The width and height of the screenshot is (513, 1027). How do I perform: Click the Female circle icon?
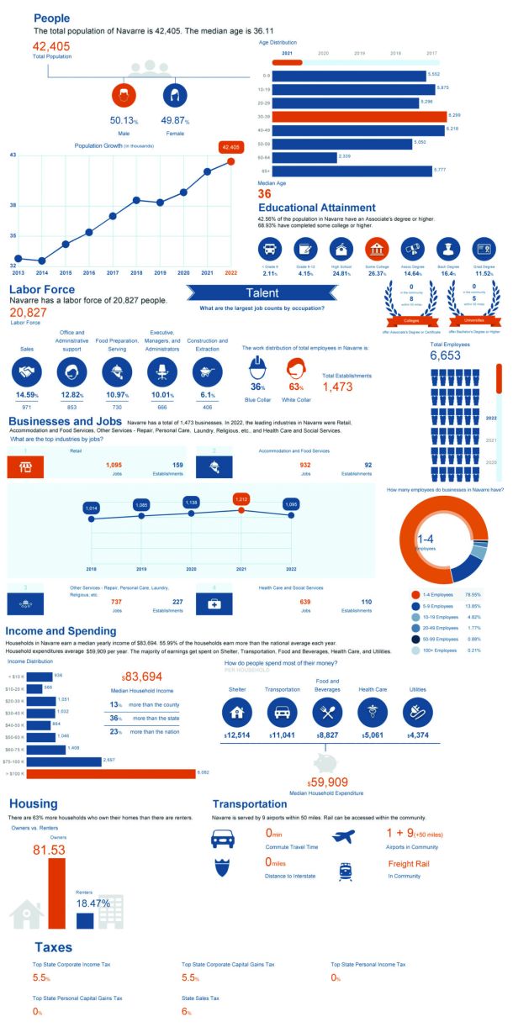[x=175, y=94]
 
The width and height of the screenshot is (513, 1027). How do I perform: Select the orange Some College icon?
[x=377, y=248]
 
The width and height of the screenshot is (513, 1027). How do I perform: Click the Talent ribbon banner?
[x=263, y=293]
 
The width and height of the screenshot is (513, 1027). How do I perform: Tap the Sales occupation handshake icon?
[x=27, y=371]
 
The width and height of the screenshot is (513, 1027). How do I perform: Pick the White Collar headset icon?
[x=295, y=370]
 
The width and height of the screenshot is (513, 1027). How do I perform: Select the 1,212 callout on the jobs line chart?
[x=242, y=498]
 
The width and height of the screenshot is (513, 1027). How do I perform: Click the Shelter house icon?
[x=237, y=713]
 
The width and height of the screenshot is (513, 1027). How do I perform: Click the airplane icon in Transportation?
[x=343, y=836]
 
